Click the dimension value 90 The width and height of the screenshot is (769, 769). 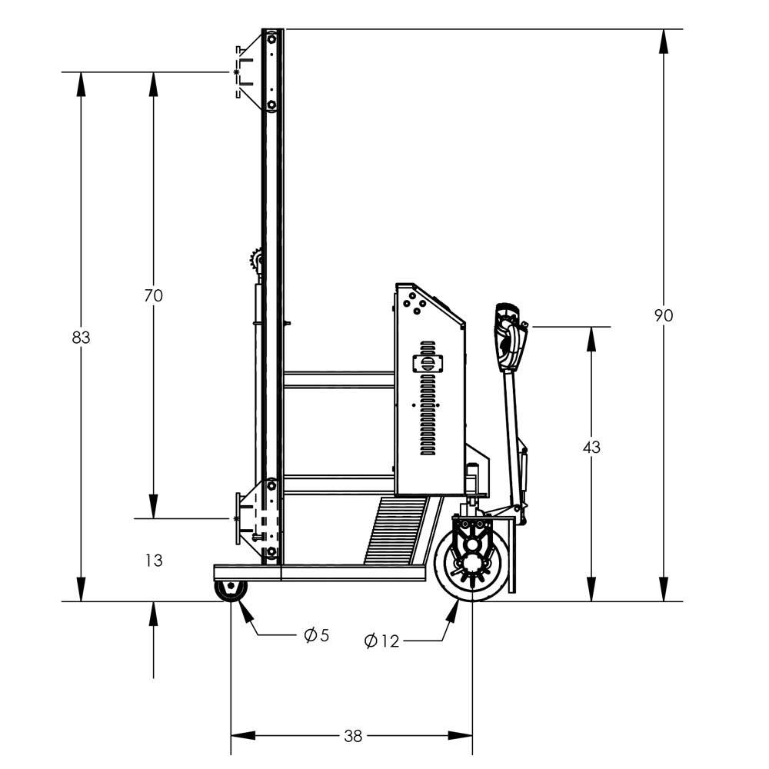point(663,315)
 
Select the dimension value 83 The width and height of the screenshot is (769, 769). point(81,337)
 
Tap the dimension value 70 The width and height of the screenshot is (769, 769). point(153,295)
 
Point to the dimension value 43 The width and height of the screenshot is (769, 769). point(591,447)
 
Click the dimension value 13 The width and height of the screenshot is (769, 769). point(154,561)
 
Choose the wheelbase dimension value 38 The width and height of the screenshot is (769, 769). point(352,736)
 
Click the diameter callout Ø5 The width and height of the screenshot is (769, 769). point(316,635)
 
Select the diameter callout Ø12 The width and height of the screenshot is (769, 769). point(382,641)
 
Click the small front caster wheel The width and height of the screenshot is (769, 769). point(231,591)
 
